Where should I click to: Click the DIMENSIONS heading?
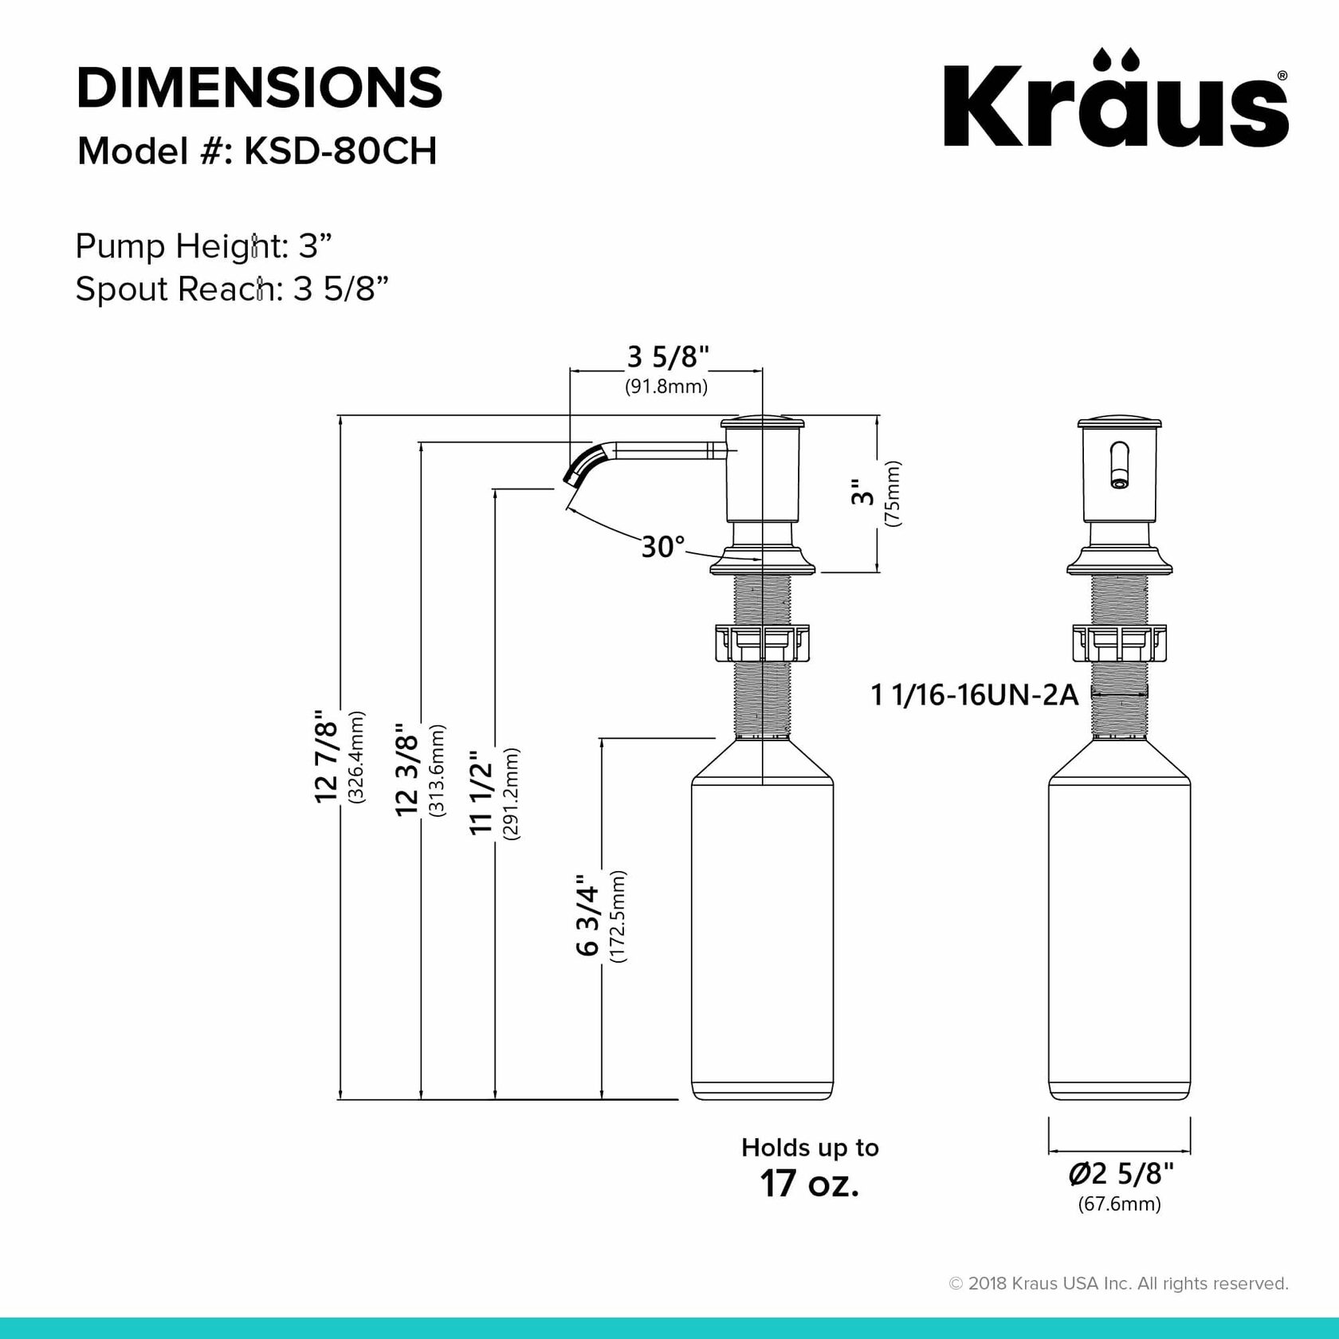pos(259,88)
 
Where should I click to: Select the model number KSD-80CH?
pos(340,151)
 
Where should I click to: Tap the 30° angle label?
pos(663,547)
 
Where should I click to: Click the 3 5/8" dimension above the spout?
pos(668,356)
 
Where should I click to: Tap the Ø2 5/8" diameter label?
pos(1120,1174)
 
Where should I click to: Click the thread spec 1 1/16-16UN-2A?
pos(975,695)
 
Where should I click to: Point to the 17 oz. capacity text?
pos(810,1182)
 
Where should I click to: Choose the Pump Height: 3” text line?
pos(203,246)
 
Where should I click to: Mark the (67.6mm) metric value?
pos(1119,1204)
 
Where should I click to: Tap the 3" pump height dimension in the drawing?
pos(863,495)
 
